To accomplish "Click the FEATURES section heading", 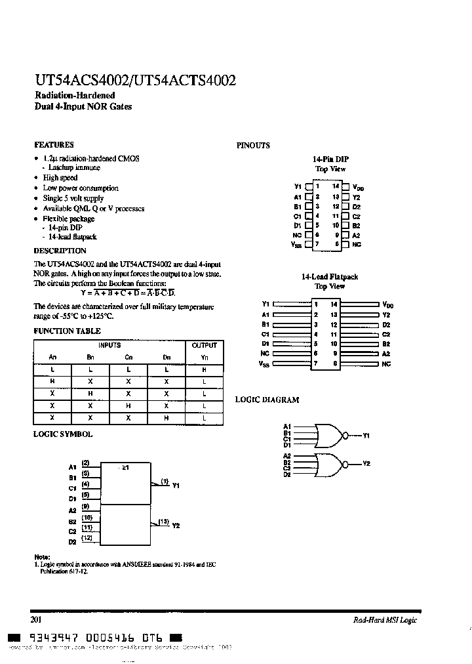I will pyautogui.click(x=53, y=145).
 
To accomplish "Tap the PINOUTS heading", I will pyautogui.click(x=252, y=146).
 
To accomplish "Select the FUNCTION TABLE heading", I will pyautogui.click(x=67, y=332).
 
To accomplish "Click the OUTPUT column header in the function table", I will pyautogui.click(x=205, y=345).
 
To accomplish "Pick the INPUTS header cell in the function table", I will pyautogui.click(x=109, y=345).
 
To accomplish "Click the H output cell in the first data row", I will pyautogui.click(x=205, y=370).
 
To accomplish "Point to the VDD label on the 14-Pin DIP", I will pyautogui.click(x=358, y=188).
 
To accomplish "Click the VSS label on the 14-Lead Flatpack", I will pyautogui.click(x=264, y=363).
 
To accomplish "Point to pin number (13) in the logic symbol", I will pyautogui.click(x=163, y=522).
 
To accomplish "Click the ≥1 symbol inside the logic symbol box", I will pyautogui.click(x=125, y=468).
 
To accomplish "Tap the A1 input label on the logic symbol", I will pyautogui.click(x=72, y=468).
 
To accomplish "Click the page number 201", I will pyautogui.click(x=37, y=619).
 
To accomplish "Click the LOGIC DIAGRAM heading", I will pyautogui.click(x=267, y=400).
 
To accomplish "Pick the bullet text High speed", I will pyautogui.click(x=60, y=178).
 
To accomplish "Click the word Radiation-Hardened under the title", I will pyautogui.click(x=74, y=96).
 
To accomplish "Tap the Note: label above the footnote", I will pyautogui.click(x=41, y=556).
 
